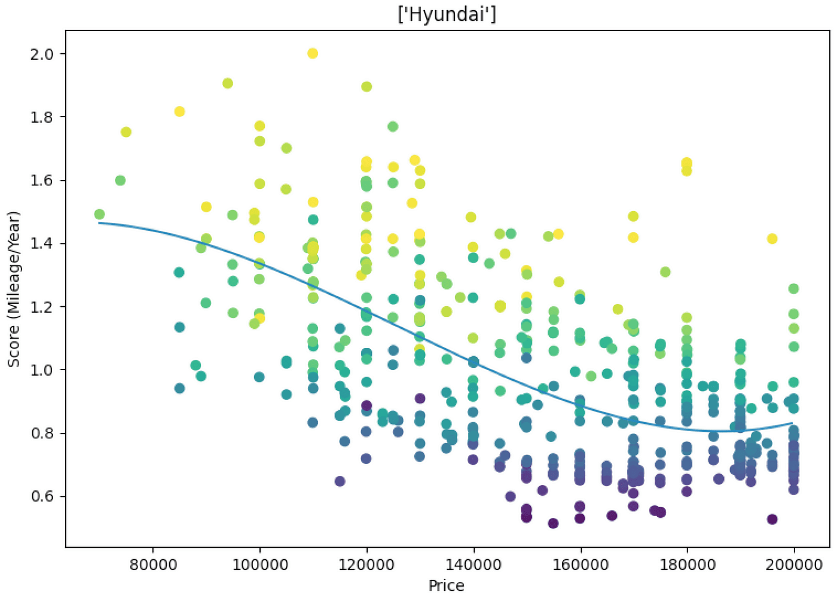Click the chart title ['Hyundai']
[447, 14]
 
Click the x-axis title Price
[446, 585]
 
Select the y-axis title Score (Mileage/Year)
[13, 289]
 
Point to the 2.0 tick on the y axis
[41, 54]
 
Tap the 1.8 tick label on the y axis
[41, 117]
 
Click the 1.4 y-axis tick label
[41, 243]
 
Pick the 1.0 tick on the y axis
[41, 370]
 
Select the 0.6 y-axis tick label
[41, 496]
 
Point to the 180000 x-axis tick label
[687, 565]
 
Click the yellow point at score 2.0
[312, 53]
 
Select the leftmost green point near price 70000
[99, 214]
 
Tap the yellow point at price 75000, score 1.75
[126, 132]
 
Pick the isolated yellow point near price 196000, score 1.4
[772, 239]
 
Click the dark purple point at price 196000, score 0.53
[772, 519]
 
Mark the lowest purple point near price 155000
[553, 523]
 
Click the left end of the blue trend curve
[99, 223]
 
